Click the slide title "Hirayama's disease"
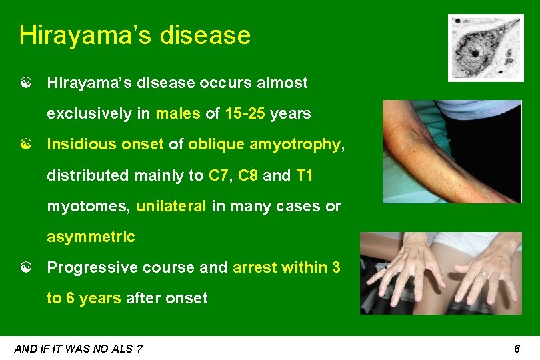135,35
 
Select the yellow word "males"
177,113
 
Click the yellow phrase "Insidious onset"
105,145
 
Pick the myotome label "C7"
218,175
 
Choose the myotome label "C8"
247,175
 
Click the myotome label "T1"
304,175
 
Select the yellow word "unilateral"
171,206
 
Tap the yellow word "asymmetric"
91,237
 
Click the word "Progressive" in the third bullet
87,267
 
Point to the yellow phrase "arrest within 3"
287,267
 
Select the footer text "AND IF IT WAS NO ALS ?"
79,348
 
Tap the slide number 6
517,348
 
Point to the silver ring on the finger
483,273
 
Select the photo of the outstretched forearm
451,151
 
